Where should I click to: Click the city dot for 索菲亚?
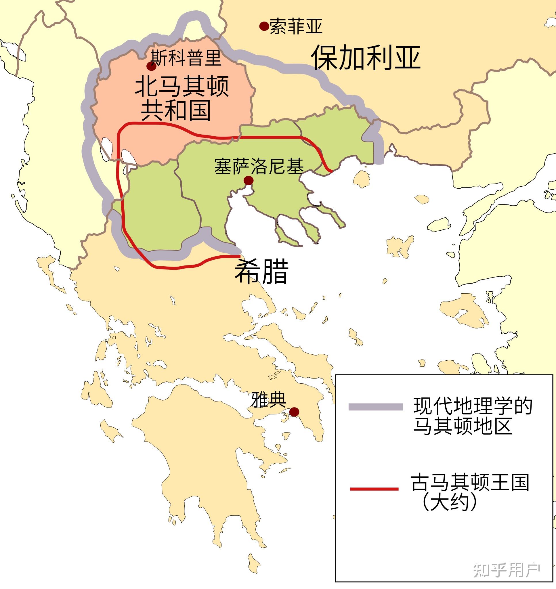coord(264,26)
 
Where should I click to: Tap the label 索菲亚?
coord(296,26)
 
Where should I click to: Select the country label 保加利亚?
coord(366,58)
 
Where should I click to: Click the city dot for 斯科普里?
coord(152,66)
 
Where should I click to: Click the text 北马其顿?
coord(182,86)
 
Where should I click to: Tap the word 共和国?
coord(176,110)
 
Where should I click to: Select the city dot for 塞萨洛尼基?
coord(248,180)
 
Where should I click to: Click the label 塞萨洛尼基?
coord(259,166)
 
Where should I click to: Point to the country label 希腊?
coord(261,271)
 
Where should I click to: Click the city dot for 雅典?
coord(294,412)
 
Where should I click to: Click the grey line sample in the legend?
coord(375,407)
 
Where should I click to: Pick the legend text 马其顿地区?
coord(463,426)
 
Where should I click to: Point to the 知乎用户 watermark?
coord(506,569)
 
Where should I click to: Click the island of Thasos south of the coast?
coord(362,179)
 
